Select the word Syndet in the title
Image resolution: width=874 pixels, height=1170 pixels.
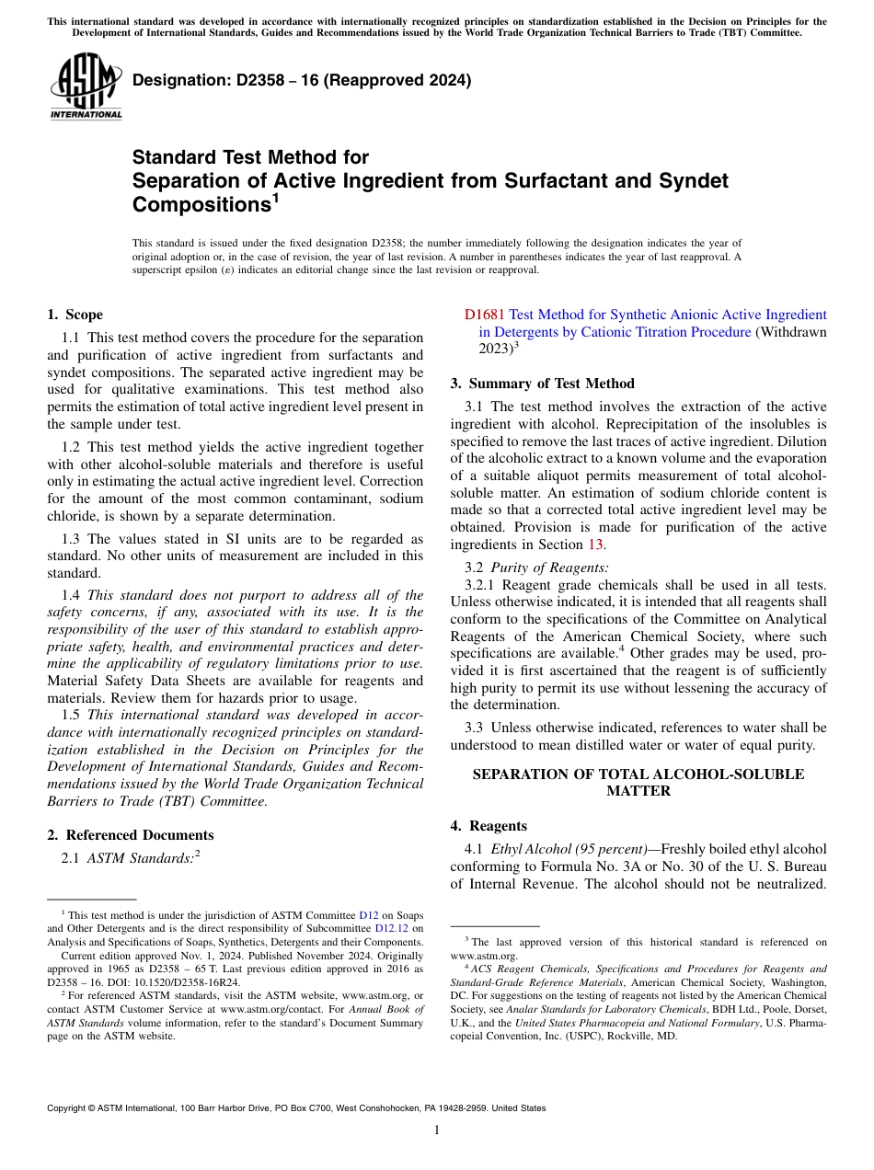click(693, 180)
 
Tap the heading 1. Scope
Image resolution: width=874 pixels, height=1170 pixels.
click(75, 315)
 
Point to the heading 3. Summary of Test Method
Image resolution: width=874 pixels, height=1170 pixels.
click(542, 384)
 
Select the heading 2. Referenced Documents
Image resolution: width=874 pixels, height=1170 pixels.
click(130, 835)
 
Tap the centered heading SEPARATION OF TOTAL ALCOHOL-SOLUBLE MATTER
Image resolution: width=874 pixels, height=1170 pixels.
click(638, 783)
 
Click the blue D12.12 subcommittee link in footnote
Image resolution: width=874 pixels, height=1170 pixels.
click(392, 929)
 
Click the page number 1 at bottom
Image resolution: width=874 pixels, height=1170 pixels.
click(437, 1130)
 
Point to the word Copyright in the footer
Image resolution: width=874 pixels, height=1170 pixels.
click(68, 1108)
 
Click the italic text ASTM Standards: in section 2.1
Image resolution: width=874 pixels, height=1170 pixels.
click(138, 858)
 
